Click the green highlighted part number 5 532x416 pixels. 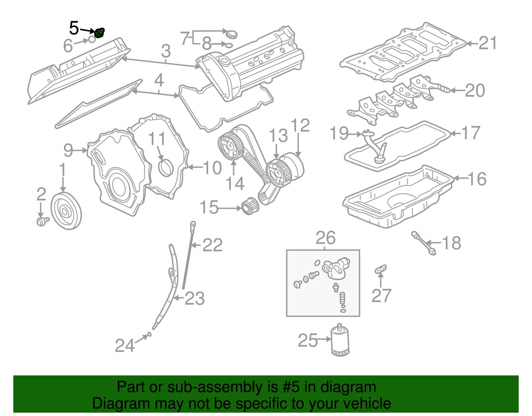[x=99, y=33]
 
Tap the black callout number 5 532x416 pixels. [x=74, y=28]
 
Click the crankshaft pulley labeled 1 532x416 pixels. [x=66, y=211]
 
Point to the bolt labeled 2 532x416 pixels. [x=42, y=221]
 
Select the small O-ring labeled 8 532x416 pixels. [x=228, y=45]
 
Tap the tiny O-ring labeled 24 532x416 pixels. [x=149, y=334]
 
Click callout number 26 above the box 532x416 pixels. [x=326, y=238]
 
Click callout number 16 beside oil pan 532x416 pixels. [x=477, y=179]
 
